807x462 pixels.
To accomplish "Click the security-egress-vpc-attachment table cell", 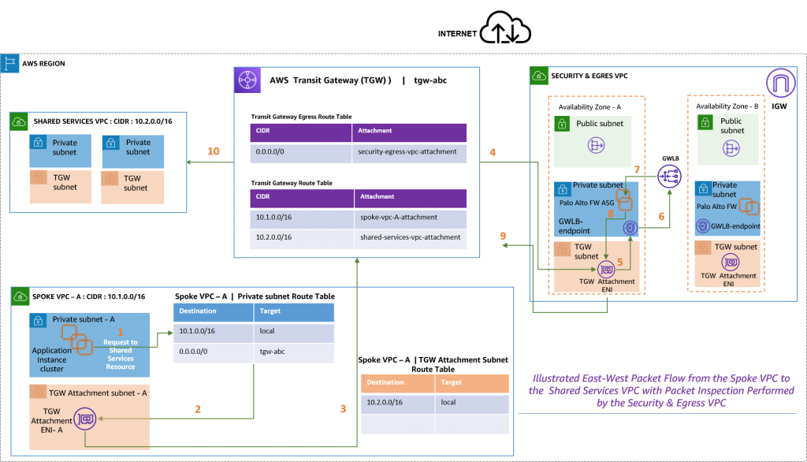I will point(407,151).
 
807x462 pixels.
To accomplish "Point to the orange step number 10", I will point(213,151).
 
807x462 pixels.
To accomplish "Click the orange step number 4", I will point(493,151).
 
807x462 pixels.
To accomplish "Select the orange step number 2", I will point(198,409).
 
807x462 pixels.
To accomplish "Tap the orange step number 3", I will point(343,409).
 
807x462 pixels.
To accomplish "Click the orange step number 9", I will point(503,236).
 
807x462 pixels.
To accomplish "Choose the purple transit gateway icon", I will point(247,80).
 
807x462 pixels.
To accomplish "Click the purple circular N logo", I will point(780,83).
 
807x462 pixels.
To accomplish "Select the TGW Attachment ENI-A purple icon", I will point(85,419).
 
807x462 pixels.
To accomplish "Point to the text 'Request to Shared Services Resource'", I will point(120,355).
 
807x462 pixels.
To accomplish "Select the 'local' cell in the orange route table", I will point(449,402).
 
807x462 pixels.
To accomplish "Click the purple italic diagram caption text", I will point(660,391).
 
